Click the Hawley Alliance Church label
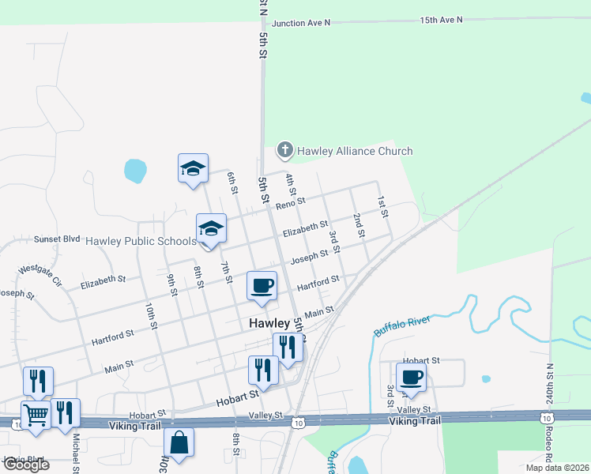pos(355,151)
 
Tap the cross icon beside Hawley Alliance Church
pos(284,149)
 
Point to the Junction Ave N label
pos(299,23)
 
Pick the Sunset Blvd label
pos(58,238)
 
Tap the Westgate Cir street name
pos(40,274)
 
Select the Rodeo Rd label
pos(548,447)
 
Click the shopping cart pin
pos(36,413)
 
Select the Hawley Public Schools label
pos(140,241)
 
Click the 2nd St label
pos(359,225)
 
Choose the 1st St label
pos(382,207)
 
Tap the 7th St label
pos(226,272)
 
